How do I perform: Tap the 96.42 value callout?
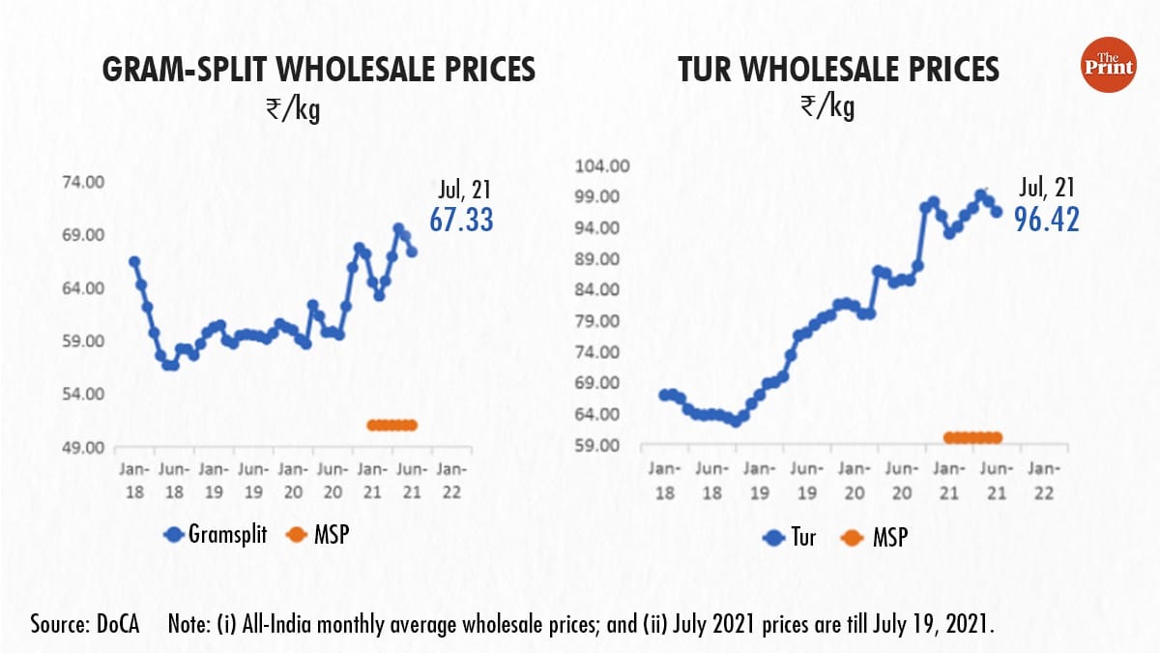[1046, 219]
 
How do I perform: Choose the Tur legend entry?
[790, 536]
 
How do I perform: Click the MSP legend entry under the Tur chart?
[874, 536]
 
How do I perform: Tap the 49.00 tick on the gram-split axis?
[82, 448]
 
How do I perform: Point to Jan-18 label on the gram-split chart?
[133, 481]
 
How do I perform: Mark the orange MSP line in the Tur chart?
[972, 437]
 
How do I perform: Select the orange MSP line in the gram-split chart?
[391, 425]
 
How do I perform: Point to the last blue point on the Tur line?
[997, 212]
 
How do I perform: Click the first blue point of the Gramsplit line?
[134, 261]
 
